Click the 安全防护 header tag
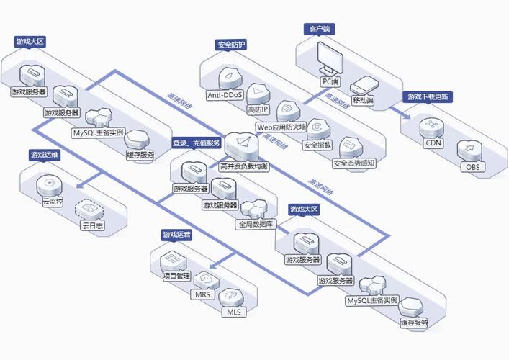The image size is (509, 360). (x=231, y=45)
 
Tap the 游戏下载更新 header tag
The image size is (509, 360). (x=428, y=97)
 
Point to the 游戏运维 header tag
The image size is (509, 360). (x=45, y=155)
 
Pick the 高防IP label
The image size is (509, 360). (x=258, y=110)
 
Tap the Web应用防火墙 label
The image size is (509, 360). (x=281, y=127)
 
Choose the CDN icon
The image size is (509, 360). (x=433, y=126)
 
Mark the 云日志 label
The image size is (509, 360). (x=91, y=225)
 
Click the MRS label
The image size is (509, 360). (x=201, y=294)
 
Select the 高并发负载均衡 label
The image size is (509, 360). (x=244, y=167)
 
